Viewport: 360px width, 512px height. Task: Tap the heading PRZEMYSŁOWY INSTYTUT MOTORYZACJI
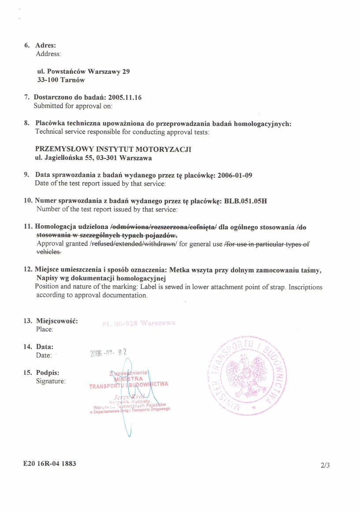[113, 149]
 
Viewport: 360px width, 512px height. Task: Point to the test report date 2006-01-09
[235, 175]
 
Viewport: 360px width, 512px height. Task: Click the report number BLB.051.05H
[245, 201]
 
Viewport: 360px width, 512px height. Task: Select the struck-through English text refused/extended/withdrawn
[134, 244]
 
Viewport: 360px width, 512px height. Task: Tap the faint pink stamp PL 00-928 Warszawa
[138, 323]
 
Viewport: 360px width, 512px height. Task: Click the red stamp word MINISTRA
[128, 378]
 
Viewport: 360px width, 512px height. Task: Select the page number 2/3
[326, 465]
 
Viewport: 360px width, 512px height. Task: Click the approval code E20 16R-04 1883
[46, 464]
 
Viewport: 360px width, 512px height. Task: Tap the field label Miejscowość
[57, 321]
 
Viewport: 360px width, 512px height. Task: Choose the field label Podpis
[48, 372]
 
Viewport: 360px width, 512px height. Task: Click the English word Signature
[51, 381]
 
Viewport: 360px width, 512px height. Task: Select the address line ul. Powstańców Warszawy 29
[83, 71]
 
